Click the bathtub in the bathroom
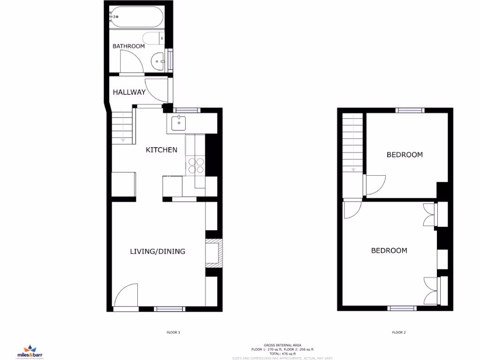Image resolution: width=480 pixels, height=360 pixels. (x=135, y=17)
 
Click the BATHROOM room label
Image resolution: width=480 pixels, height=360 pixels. (x=128, y=46)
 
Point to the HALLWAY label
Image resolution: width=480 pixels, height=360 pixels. (x=129, y=92)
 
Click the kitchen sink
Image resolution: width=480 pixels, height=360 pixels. (x=179, y=123)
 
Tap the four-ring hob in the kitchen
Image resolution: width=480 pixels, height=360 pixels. (x=196, y=166)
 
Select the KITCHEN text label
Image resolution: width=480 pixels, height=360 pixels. (x=161, y=150)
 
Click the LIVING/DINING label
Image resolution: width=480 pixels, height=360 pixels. (x=157, y=251)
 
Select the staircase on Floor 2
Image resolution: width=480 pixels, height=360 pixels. (x=353, y=143)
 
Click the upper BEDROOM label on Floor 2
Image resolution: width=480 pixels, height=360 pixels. (x=404, y=155)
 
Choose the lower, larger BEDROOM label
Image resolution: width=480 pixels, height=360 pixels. (x=389, y=251)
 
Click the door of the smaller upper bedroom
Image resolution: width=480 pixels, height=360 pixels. (x=375, y=185)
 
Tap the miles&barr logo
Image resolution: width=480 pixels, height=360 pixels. (x=30, y=350)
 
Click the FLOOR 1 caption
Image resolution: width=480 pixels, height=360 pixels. (x=173, y=333)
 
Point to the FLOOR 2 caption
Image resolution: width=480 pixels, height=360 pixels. (x=398, y=333)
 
